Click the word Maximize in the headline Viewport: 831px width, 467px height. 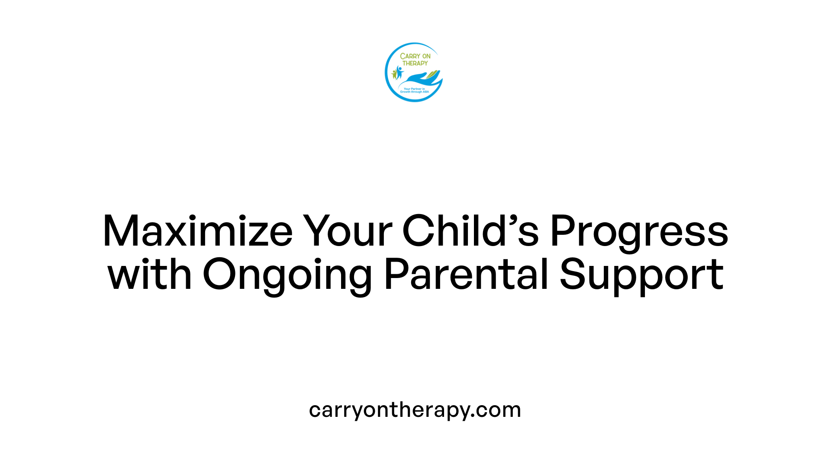(x=197, y=232)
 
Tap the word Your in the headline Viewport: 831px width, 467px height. (x=347, y=232)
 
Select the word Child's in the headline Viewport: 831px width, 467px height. (x=470, y=232)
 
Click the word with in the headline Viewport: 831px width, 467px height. (x=149, y=275)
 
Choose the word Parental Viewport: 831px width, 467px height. (x=466, y=275)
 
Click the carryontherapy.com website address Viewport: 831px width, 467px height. (x=415, y=410)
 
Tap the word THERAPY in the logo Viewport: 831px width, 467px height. (x=415, y=63)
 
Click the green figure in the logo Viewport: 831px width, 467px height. (x=394, y=74)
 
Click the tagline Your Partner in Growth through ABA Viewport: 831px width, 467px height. (x=414, y=90)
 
